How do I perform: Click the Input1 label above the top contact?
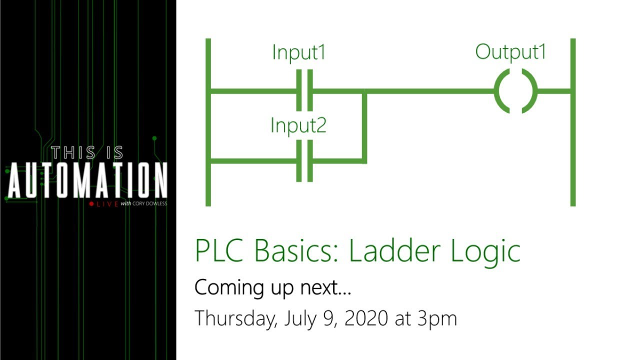click(298, 52)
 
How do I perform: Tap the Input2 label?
click(298, 125)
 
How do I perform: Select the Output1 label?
click(510, 52)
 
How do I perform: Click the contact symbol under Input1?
click(304, 90)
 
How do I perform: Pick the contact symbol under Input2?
click(304, 161)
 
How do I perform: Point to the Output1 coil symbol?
click(515, 91)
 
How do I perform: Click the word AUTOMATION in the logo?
click(87, 180)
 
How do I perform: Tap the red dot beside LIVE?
click(91, 204)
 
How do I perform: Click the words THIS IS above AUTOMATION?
click(87, 152)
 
